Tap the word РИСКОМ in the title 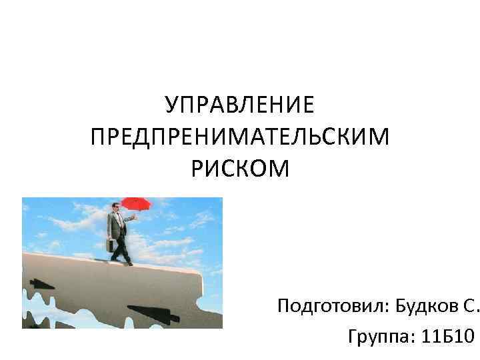coord(240,169)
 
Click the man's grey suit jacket coord(115,225)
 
